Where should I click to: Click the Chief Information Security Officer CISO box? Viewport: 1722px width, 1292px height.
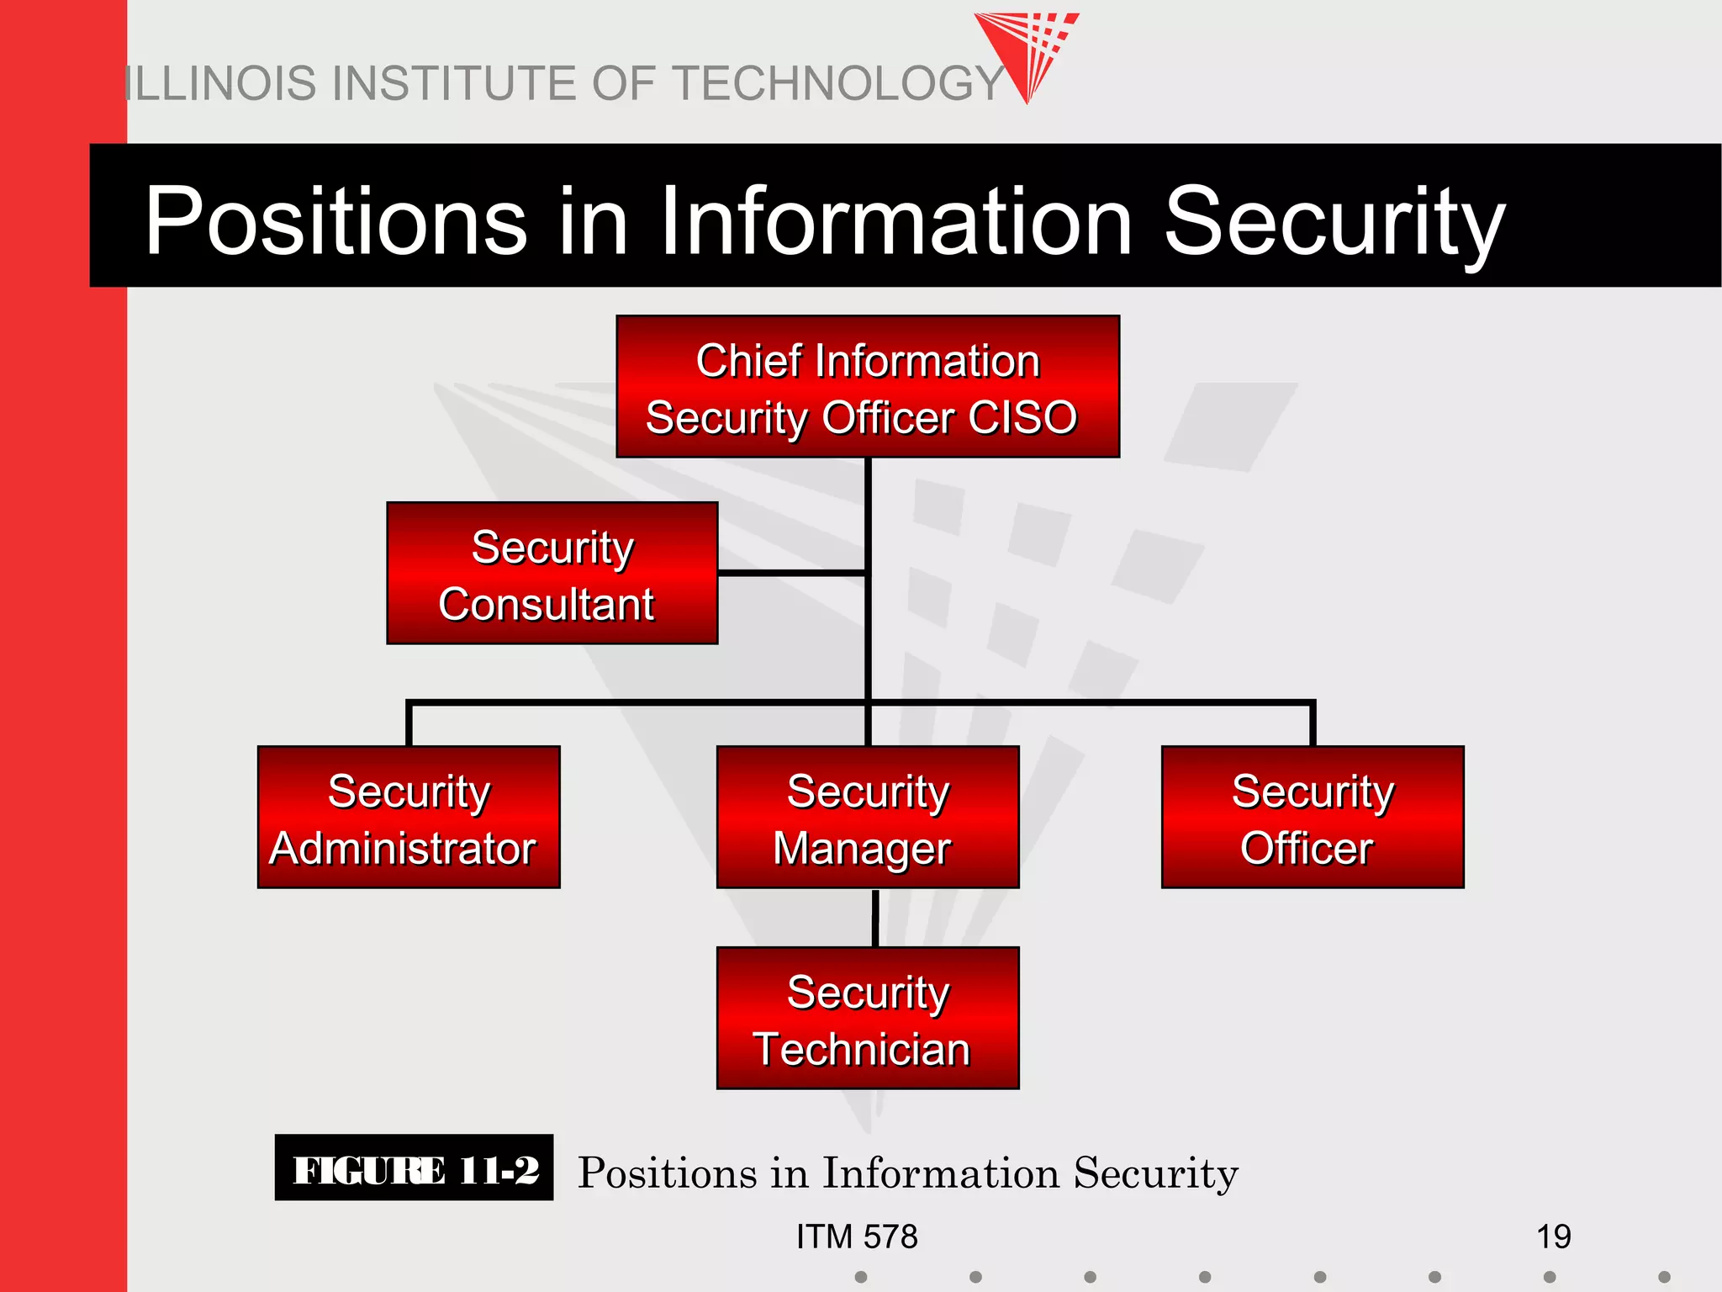pos(868,387)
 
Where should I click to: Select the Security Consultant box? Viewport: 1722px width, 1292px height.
pos(552,574)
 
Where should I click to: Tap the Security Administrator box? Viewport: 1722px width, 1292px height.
pos(409,817)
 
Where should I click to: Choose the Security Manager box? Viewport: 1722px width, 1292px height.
pos(868,817)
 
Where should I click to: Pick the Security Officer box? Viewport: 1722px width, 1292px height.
pos(1313,817)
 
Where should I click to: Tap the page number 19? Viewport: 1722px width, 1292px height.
pos(1553,1236)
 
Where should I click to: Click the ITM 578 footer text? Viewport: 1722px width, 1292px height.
pos(857,1236)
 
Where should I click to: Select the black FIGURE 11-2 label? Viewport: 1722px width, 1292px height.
pos(414,1169)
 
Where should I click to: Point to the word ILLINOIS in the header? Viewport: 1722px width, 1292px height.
pos(222,84)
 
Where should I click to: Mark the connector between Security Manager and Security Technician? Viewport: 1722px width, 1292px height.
pos(874,918)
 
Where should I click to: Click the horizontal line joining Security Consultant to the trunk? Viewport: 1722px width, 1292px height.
pos(792,573)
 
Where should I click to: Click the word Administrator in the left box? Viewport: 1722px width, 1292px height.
pos(403,848)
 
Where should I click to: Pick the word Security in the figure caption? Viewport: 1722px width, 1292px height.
pos(1155,1173)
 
